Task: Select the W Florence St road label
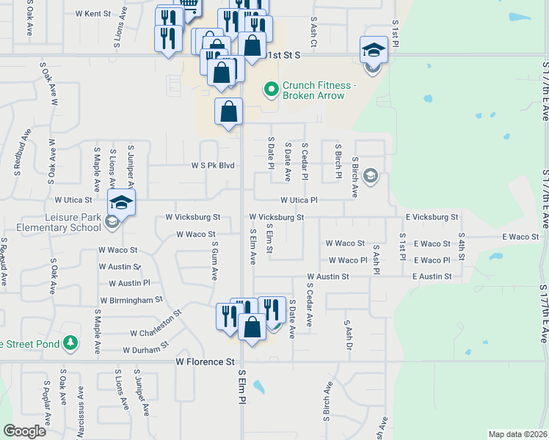tap(205, 362)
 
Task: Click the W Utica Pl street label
tap(299, 199)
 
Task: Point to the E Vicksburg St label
tap(432, 217)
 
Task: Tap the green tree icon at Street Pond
tap(70, 342)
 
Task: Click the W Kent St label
tap(92, 14)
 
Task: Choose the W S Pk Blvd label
tap(213, 166)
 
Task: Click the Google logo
tap(24, 431)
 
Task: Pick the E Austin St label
tap(432, 276)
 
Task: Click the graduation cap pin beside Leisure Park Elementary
tap(121, 202)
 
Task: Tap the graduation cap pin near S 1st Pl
tap(373, 50)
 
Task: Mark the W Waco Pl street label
tap(348, 260)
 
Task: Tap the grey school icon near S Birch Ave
tap(371, 175)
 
